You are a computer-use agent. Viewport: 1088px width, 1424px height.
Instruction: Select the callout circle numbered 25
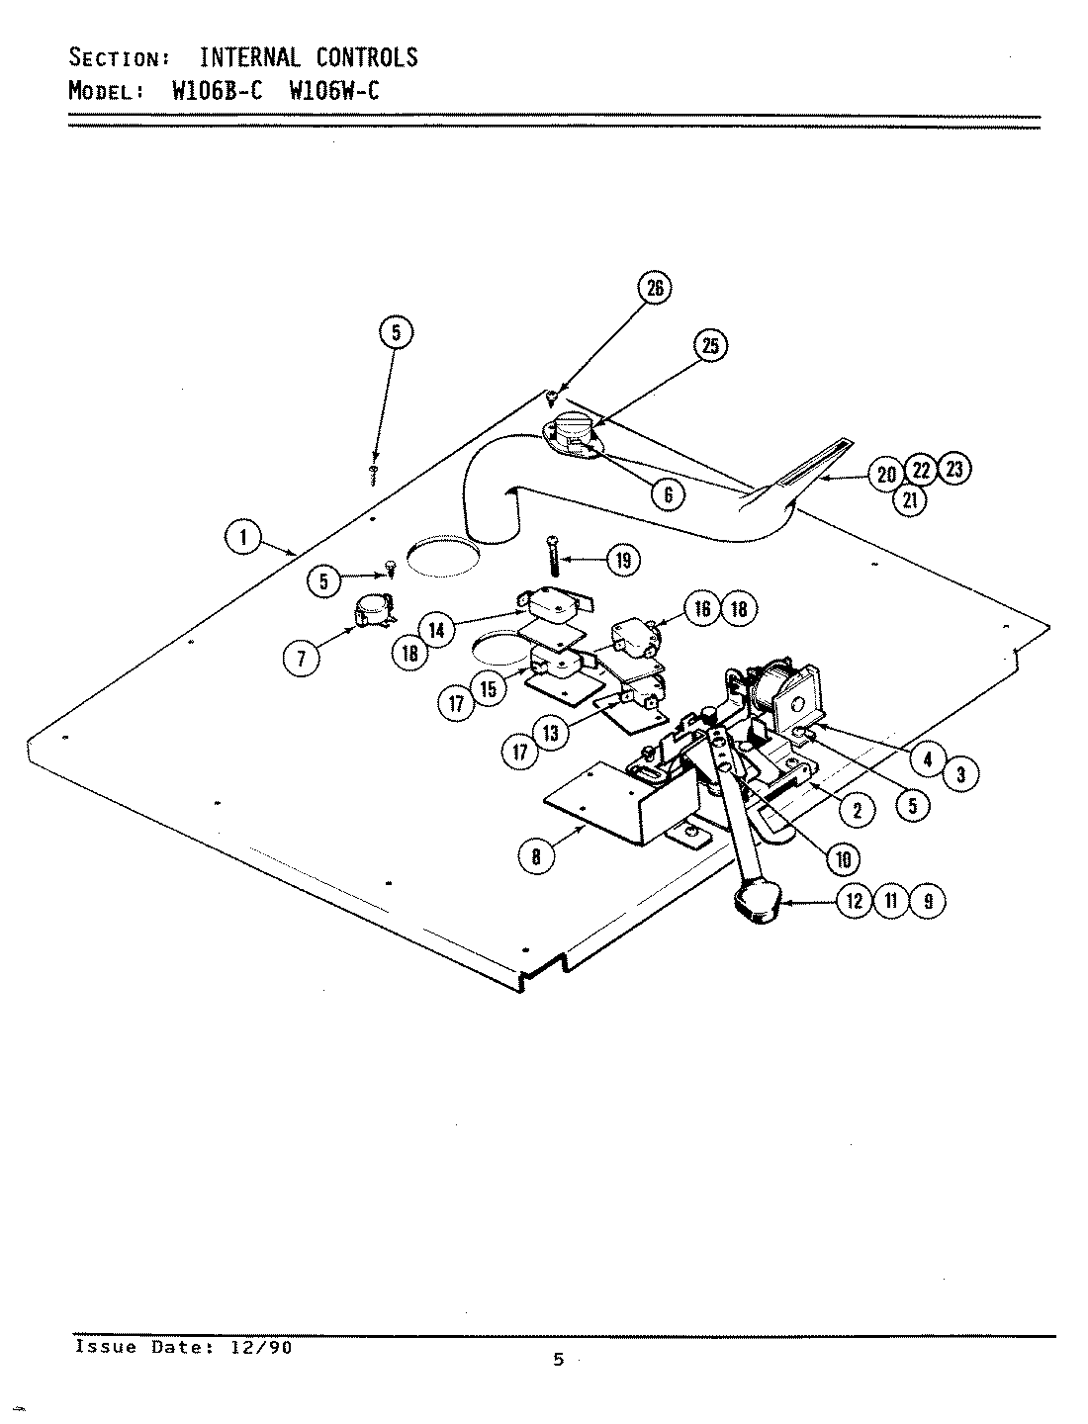pyautogui.click(x=710, y=345)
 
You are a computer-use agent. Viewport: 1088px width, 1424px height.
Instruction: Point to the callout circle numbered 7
pyautogui.click(x=302, y=658)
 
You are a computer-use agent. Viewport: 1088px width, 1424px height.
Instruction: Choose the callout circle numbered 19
pyautogui.click(x=622, y=561)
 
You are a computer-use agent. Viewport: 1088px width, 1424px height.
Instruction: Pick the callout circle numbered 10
pyautogui.click(x=843, y=858)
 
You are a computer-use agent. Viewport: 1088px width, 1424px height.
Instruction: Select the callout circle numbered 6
pyautogui.click(x=669, y=494)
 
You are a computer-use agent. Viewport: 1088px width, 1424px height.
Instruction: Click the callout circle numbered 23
pyautogui.click(x=953, y=470)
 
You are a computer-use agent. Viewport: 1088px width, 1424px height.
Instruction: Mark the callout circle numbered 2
pyautogui.click(x=857, y=810)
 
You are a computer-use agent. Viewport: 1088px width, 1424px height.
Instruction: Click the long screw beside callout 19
pyautogui.click(x=551, y=557)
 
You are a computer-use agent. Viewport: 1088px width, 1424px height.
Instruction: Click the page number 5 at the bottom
pyautogui.click(x=558, y=1360)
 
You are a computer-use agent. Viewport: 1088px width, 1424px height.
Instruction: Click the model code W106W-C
pyautogui.click(x=334, y=92)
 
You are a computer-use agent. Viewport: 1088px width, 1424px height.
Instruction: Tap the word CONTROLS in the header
pyautogui.click(x=367, y=57)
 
